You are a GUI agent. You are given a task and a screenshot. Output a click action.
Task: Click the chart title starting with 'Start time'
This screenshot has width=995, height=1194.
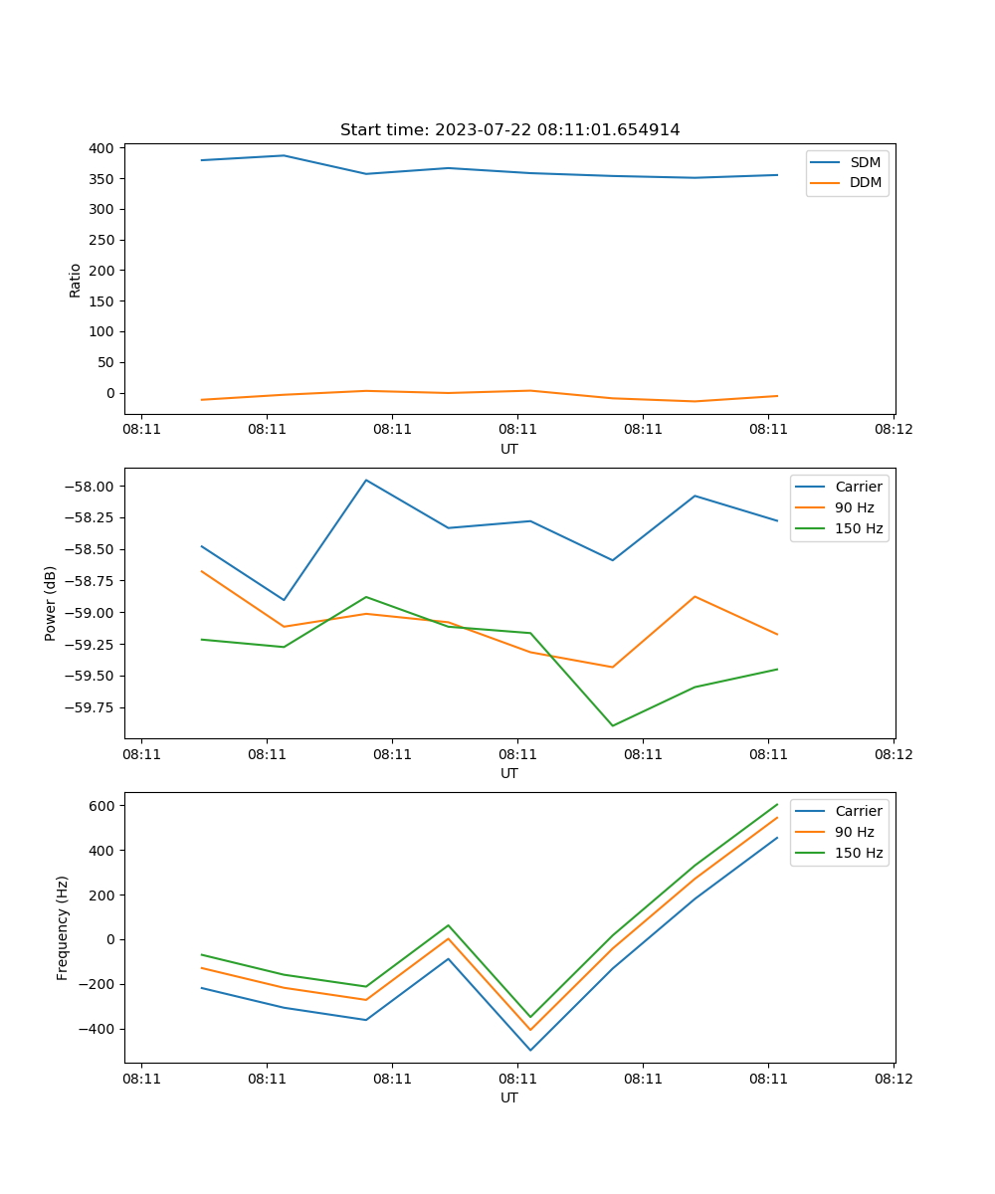[x=509, y=130]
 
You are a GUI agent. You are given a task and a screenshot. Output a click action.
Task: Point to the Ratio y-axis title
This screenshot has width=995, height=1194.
[x=76, y=281]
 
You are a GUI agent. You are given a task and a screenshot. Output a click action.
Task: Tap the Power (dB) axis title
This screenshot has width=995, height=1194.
[x=51, y=603]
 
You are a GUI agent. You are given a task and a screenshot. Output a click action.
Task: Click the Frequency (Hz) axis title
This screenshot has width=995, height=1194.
[x=63, y=927]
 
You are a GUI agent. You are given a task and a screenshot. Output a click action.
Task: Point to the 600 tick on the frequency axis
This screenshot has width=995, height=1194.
[x=102, y=805]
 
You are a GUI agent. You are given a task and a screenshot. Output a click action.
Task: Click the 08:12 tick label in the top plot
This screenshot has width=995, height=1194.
[x=893, y=430]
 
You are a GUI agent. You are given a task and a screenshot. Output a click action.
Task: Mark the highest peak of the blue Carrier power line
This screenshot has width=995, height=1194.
[x=366, y=480]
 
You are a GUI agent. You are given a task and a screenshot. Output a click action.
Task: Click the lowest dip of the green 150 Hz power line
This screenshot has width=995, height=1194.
[x=612, y=725]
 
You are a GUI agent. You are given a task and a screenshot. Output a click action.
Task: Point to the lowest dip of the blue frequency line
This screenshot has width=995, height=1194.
[x=530, y=1050]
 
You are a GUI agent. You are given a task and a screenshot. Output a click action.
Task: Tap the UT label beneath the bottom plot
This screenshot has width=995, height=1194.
[x=509, y=1097]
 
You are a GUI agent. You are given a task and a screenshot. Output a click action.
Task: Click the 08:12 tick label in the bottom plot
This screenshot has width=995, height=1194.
[x=893, y=1079]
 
